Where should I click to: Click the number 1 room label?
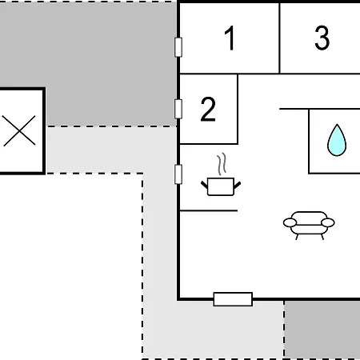click(x=230, y=38)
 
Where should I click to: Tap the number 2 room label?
click(x=208, y=109)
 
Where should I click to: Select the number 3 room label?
click(x=322, y=38)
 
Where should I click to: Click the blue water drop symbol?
click(x=337, y=140)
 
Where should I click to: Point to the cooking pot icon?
click(x=221, y=186)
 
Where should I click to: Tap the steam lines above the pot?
click(x=222, y=164)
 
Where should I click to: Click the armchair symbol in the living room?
click(x=309, y=226)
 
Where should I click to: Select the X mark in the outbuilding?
click(x=19, y=130)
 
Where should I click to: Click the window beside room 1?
click(x=178, y=47)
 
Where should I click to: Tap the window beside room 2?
click(x=178, y=109)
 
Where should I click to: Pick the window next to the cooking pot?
click(x=178, y=174)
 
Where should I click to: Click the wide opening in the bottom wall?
click(x=233, y=299)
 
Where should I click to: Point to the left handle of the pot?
click(x=204, y=185)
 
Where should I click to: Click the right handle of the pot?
click(x=238, y=185)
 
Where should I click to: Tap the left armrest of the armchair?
click(x=290, y=222)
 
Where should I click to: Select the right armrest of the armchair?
click(x=328, y=222)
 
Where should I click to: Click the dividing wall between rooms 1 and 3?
click(x=279, y=38)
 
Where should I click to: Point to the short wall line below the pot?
click(x=209, y=210)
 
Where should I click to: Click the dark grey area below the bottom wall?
click(x=322, y=330)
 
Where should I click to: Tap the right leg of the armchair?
click(x=322, y=237)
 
